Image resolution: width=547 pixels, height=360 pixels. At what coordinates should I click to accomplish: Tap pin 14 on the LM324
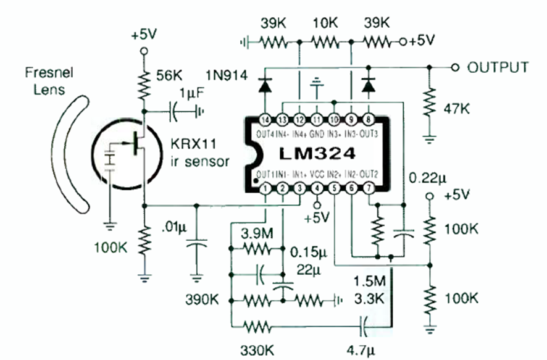pyautogui.click(x=265, y=120)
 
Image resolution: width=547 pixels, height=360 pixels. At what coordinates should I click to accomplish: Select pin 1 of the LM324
pyautogui.click(x=265, y=188)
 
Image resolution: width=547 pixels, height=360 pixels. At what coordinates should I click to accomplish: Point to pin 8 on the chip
pyautogui.click(x=369, y=120)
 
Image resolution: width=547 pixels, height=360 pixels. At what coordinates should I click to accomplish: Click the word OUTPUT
pyautogui.click(x=498, y=67)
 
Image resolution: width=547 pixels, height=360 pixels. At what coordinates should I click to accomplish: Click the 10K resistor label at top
pyautogui.click(x=325, y=23)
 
